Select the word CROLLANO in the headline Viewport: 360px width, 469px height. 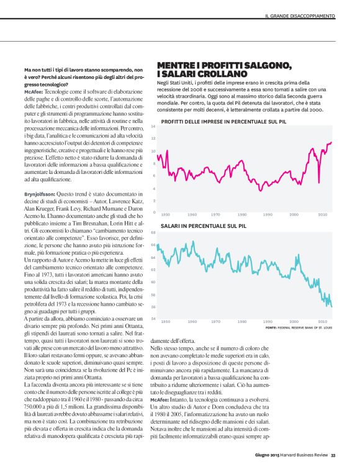coord(205,75)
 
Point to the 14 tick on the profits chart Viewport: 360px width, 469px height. coord(153,127)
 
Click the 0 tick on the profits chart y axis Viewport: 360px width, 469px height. coord(153,212)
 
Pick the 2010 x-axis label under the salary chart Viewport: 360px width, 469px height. coord(323,321)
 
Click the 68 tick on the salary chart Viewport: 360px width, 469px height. coord(153,233)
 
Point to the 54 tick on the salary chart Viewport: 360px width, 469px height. coord(153,319)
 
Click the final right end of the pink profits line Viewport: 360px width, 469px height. coord(332,142)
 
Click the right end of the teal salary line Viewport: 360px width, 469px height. coord(332,306)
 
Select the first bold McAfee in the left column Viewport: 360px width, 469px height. coord(32,91)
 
